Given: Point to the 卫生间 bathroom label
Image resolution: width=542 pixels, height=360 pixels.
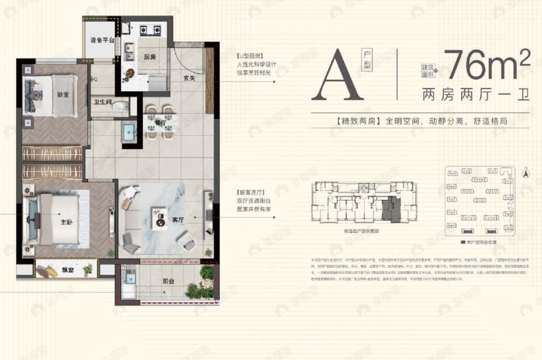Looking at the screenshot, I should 102,103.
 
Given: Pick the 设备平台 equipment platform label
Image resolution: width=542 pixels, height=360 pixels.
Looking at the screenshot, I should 102,40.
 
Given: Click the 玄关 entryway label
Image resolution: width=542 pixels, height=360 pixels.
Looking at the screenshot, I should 190,78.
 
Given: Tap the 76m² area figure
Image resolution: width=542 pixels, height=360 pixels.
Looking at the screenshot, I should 488,64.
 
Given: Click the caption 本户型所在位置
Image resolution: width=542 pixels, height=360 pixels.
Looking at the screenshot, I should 484,244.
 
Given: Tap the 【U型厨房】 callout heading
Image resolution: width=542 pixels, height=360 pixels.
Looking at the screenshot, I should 251,56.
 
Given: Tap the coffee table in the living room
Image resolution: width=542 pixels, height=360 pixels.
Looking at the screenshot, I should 159,218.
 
